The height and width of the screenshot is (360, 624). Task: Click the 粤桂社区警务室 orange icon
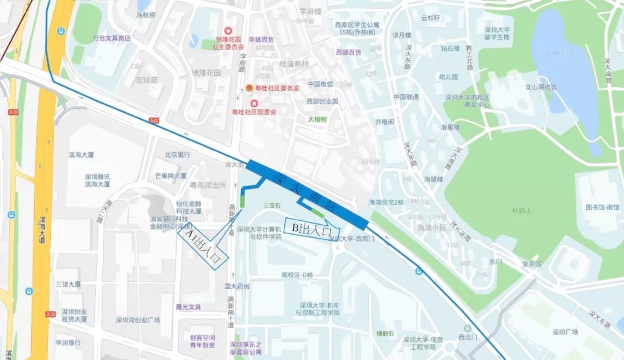(249, 88)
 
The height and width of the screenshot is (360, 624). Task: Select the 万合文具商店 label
(112, 38)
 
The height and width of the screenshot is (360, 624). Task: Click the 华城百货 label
(261, 40)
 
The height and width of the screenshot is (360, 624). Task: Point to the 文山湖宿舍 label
(541, 88)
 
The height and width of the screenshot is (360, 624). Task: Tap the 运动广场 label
(564, 332)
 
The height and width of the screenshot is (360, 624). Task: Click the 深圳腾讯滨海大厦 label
(97, 180)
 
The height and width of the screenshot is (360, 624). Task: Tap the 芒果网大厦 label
(170, 176)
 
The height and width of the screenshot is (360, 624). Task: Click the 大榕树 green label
(317, 120)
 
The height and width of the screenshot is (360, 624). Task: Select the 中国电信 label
(320, 84)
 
